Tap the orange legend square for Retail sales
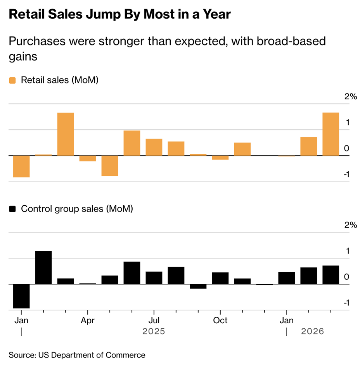(x=12, y=80)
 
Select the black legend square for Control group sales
(x=12, y=209)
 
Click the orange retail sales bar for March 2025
(x=66, y=134)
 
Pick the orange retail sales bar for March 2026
(x=331, y=134)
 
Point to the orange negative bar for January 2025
(x=21, y=167)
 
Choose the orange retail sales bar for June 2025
(x=132, y=143)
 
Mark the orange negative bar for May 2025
(x=110, y=166)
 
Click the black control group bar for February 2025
(x=43, y=267)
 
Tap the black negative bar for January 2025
(x=21, y=296)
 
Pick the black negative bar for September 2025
(x=198, y=286)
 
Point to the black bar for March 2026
(x=331, y=275)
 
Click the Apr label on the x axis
(x=88, y=321)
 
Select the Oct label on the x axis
(x=220, y=321)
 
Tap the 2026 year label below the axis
(x=312, y=332)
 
